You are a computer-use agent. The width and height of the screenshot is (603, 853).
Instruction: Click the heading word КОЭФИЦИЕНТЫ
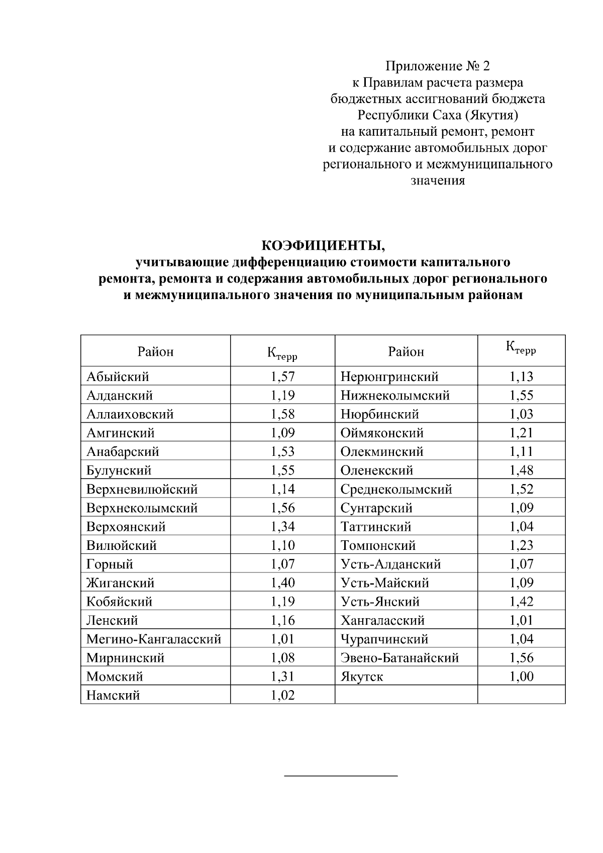[x=323, y=245]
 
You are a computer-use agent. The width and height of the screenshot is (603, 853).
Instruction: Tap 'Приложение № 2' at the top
[x=437, y=66]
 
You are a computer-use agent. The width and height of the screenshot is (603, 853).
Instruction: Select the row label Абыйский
[x=118, y=376]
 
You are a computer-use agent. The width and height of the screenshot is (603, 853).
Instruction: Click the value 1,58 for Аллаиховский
[x=282, y=414]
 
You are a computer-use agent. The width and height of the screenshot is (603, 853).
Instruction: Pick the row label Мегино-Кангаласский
[x=154, y=639]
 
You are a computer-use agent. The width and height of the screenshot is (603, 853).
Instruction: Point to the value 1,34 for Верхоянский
[x=282, y=527]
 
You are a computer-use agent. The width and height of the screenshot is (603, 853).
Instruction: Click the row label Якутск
[x=362, y=677]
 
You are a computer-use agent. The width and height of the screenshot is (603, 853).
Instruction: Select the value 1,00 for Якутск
[x=521, y=677]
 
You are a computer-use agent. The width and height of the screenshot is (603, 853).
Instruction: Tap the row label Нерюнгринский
[x=389, y=376]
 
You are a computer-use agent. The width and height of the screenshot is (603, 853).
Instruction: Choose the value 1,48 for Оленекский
[x=521, y=470]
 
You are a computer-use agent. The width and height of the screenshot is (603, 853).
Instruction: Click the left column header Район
[x=155, y=351]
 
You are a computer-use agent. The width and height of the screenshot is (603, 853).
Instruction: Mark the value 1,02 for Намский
[x=282, y=695]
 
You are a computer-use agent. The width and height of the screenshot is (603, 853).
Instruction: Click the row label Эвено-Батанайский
[x=399, y=658]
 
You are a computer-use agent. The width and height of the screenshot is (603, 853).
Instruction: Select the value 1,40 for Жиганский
[x=282, y=583]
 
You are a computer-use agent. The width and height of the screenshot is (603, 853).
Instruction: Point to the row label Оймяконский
[x=382, y=433]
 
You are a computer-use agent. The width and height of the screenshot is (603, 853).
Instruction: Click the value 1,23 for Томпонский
[x=521, y=545]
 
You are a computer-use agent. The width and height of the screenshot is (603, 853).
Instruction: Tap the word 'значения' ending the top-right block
[x=438, y=180]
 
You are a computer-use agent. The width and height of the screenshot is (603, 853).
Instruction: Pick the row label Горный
[x=110, y=564]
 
